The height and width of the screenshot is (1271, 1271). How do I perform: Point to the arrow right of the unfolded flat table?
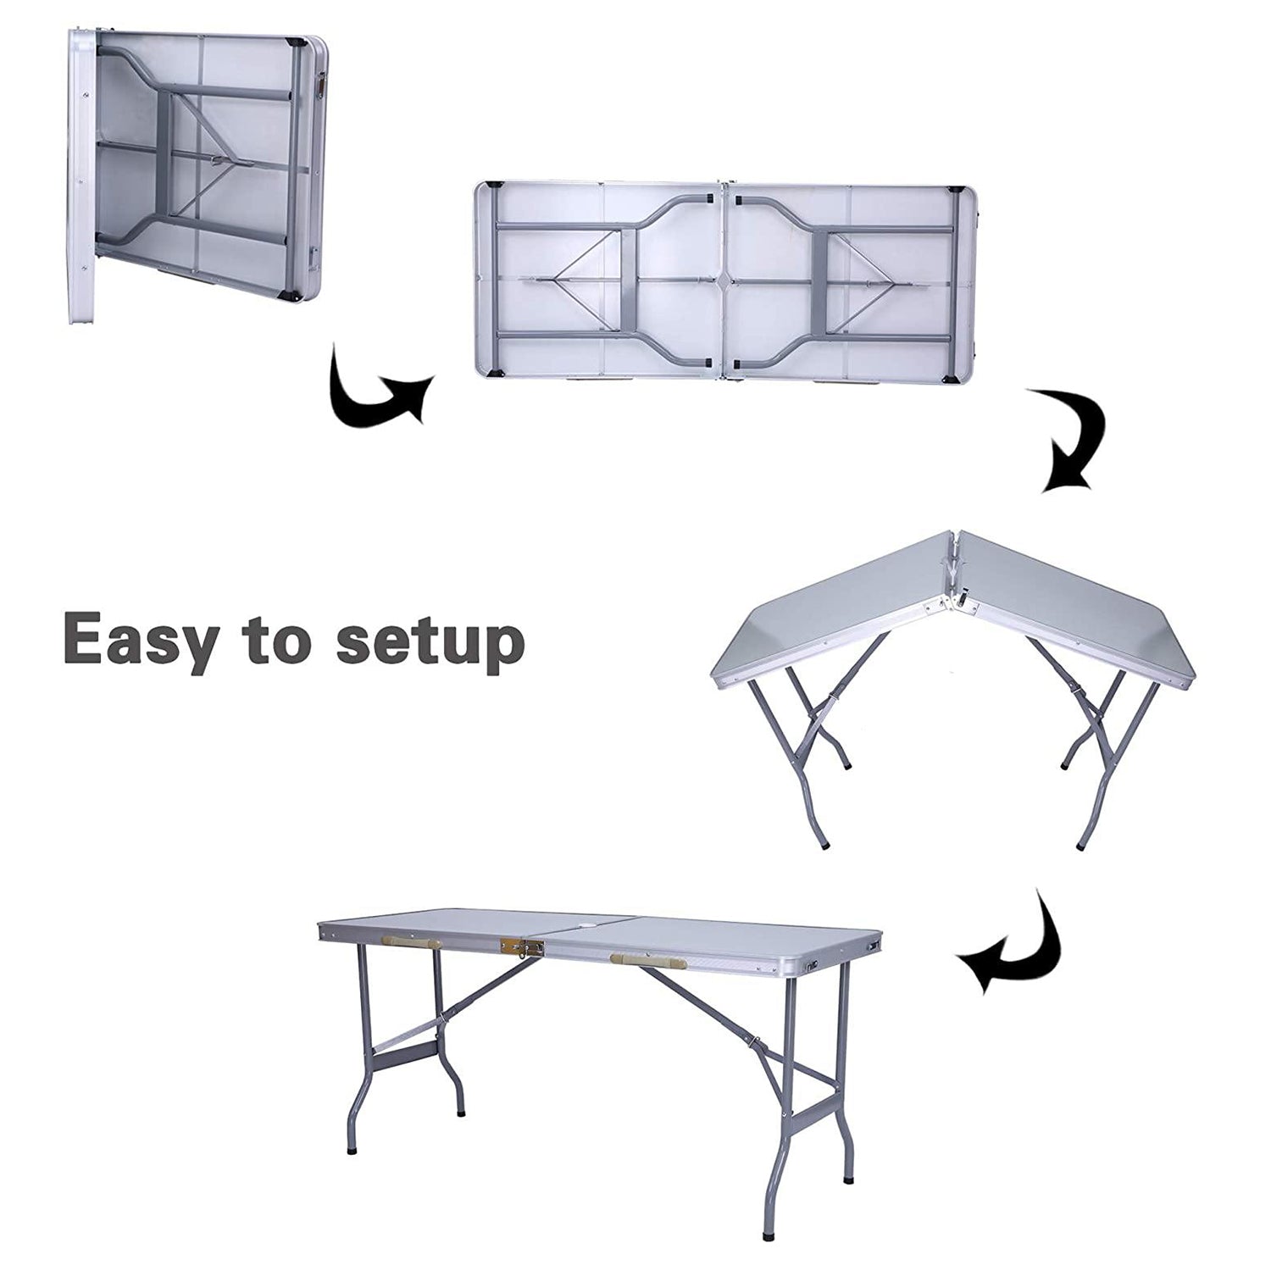click(x=1072, y=441)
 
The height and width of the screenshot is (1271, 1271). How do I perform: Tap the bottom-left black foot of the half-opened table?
click(x=824, y=844)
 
